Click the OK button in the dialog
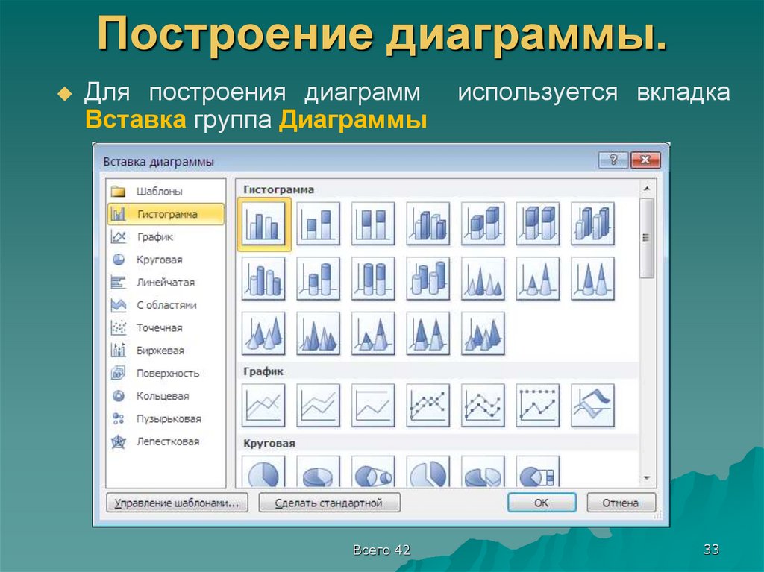point(541,503)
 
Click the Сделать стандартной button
point(329,503)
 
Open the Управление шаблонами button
point(177,503)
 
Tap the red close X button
point(645,160)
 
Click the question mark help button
point(613,160)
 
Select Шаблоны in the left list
point(159,192)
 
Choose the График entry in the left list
point(154,237)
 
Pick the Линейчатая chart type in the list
point(165,283)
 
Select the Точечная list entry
point(159,328)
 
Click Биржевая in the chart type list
point(160,351)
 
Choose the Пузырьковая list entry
point(169,419)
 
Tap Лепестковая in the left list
point(167,441)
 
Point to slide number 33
point(710,550)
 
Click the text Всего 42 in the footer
point(382,550)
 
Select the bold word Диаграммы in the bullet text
point(352,120)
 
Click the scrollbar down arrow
point(646,478)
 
